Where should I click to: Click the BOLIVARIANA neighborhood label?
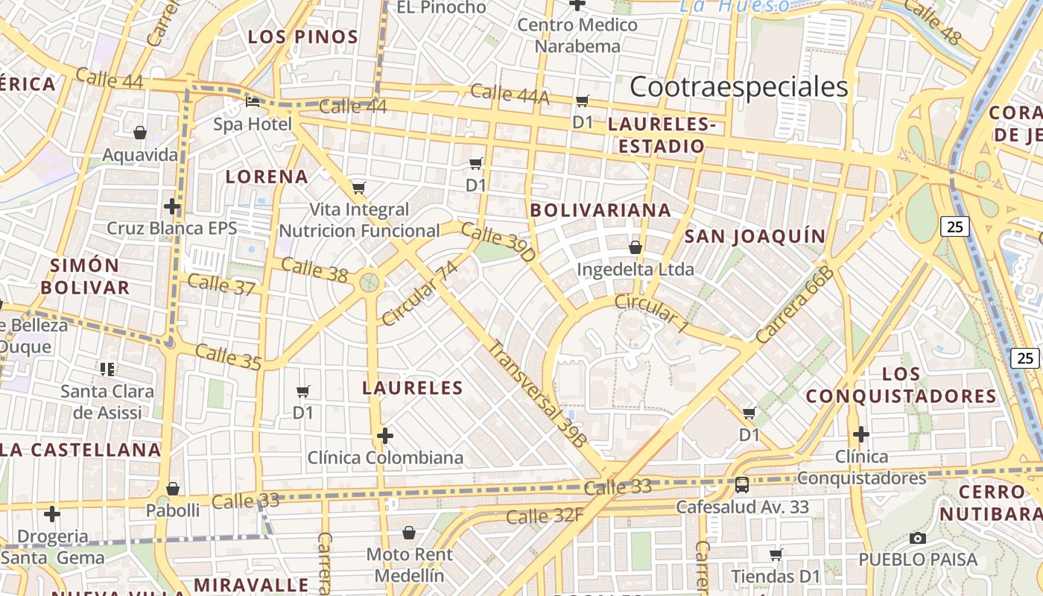point(600,211)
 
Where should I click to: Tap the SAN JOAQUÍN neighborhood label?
point(755,237)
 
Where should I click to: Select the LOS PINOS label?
point(302,37)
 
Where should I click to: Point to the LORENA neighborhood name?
point(267,177)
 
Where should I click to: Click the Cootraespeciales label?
point(738,87)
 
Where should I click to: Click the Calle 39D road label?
point(498,241)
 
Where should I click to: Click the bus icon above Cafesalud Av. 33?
point(742,485)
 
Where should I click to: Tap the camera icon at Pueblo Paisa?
point(918,538)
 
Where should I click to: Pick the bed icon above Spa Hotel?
point(253,102)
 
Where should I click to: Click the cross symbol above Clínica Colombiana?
point(385,435)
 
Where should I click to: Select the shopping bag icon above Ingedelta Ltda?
point(635,247)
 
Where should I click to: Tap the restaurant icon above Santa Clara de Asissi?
point(107,369)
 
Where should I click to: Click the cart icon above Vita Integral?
point(359,188)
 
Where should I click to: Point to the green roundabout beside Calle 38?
point(369,282)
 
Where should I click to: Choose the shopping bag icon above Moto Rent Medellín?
point(408,533)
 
